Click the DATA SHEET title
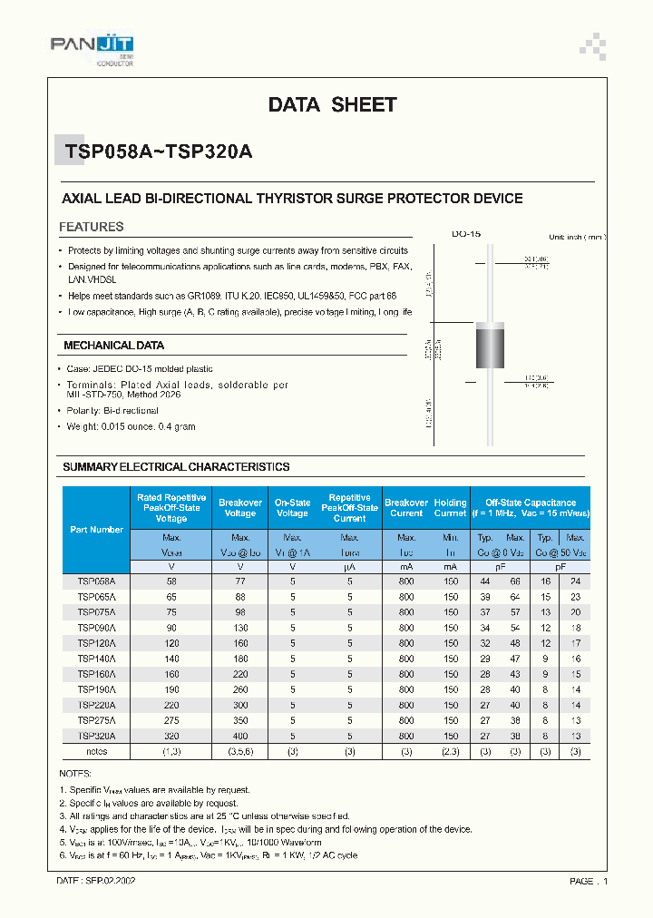coord(332,105)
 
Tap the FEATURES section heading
coord(91,227)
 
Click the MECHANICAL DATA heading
coord(113,346)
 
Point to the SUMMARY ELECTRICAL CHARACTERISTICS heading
coord(176,467)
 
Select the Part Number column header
coord(96,530)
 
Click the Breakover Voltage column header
coord(240,508)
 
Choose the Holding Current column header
coord(450,508)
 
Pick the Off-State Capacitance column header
coord(530,508)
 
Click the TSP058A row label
coord(96,581)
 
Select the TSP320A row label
coord(96,737)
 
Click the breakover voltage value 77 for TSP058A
coord(240,581)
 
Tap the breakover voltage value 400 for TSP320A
coord(240,737)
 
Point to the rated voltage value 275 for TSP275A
coord(171,721)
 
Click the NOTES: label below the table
coord(76,773)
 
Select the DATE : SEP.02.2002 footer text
coord(96,881)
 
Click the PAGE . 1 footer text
coord(589,881)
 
